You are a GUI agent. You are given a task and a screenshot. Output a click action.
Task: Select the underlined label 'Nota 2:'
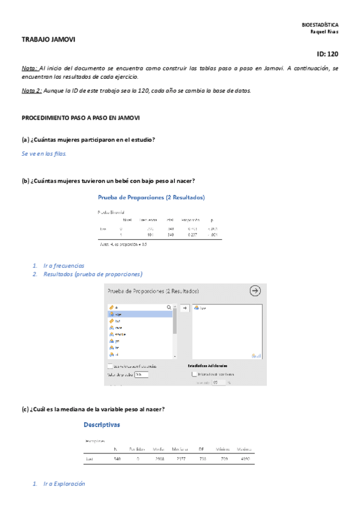32,91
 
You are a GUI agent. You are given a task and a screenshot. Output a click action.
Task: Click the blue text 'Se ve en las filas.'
44,153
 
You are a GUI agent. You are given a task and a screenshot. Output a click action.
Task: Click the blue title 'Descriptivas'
102,425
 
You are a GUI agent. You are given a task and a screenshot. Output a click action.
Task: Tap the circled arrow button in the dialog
255,290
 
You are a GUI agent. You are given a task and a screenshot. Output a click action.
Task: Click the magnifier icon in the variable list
169,307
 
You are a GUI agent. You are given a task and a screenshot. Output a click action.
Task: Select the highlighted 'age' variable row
140,314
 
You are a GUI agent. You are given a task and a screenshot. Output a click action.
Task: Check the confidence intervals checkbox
194,373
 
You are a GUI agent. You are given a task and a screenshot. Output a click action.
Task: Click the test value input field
141,374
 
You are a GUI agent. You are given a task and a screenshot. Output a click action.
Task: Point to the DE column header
201,449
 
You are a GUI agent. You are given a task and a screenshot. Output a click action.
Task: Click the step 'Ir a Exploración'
64,484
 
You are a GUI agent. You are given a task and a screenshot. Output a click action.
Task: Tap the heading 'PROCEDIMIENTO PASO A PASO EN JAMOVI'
81,118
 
